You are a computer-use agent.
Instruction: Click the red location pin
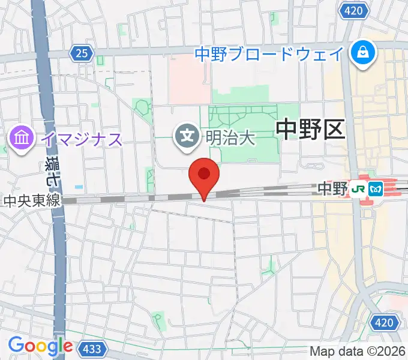pyautogui.click(x=204, y=176)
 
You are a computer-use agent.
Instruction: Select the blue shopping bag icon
pyautogui.click(x=364, y=53)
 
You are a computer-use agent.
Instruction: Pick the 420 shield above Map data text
pyautogui.click(x=385, y=323)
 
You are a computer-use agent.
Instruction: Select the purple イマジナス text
pyautogui.click(x=82, y=140)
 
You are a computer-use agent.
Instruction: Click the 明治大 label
pyautogui.click(x=231, y=137)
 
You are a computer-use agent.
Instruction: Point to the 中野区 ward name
pyautogui.click(x=311, y=129)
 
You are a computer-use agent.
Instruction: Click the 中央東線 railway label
pyautogui.click(x=31, y=201)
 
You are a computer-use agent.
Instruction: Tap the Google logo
pyautogui.click(x=40, y=346)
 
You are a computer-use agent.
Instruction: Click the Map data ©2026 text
pyautogui.click(x=358, y=351)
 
